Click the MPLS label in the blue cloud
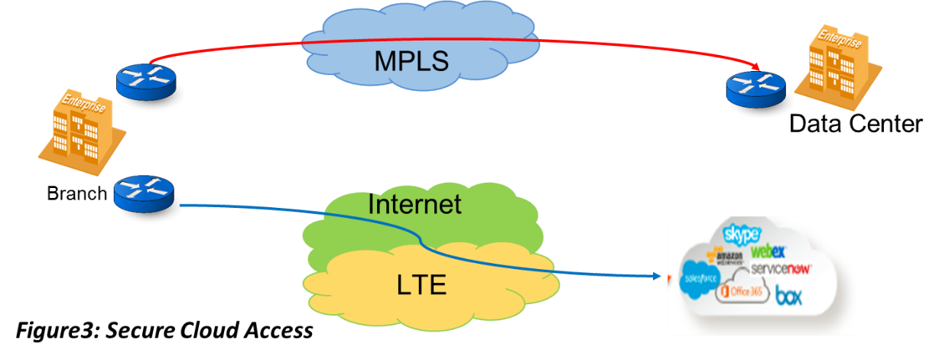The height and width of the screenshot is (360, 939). [x=411, y=60]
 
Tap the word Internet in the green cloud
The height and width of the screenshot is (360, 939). [x=414, y=205]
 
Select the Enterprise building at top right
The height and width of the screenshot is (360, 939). [x=839, y=66]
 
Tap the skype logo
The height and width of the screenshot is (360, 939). [x=741, y=234]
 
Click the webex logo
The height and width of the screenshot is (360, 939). [x=768, y=250]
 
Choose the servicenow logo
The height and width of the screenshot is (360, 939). [x=781, y=269]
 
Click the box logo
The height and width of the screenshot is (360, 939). [x=789, y=296]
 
